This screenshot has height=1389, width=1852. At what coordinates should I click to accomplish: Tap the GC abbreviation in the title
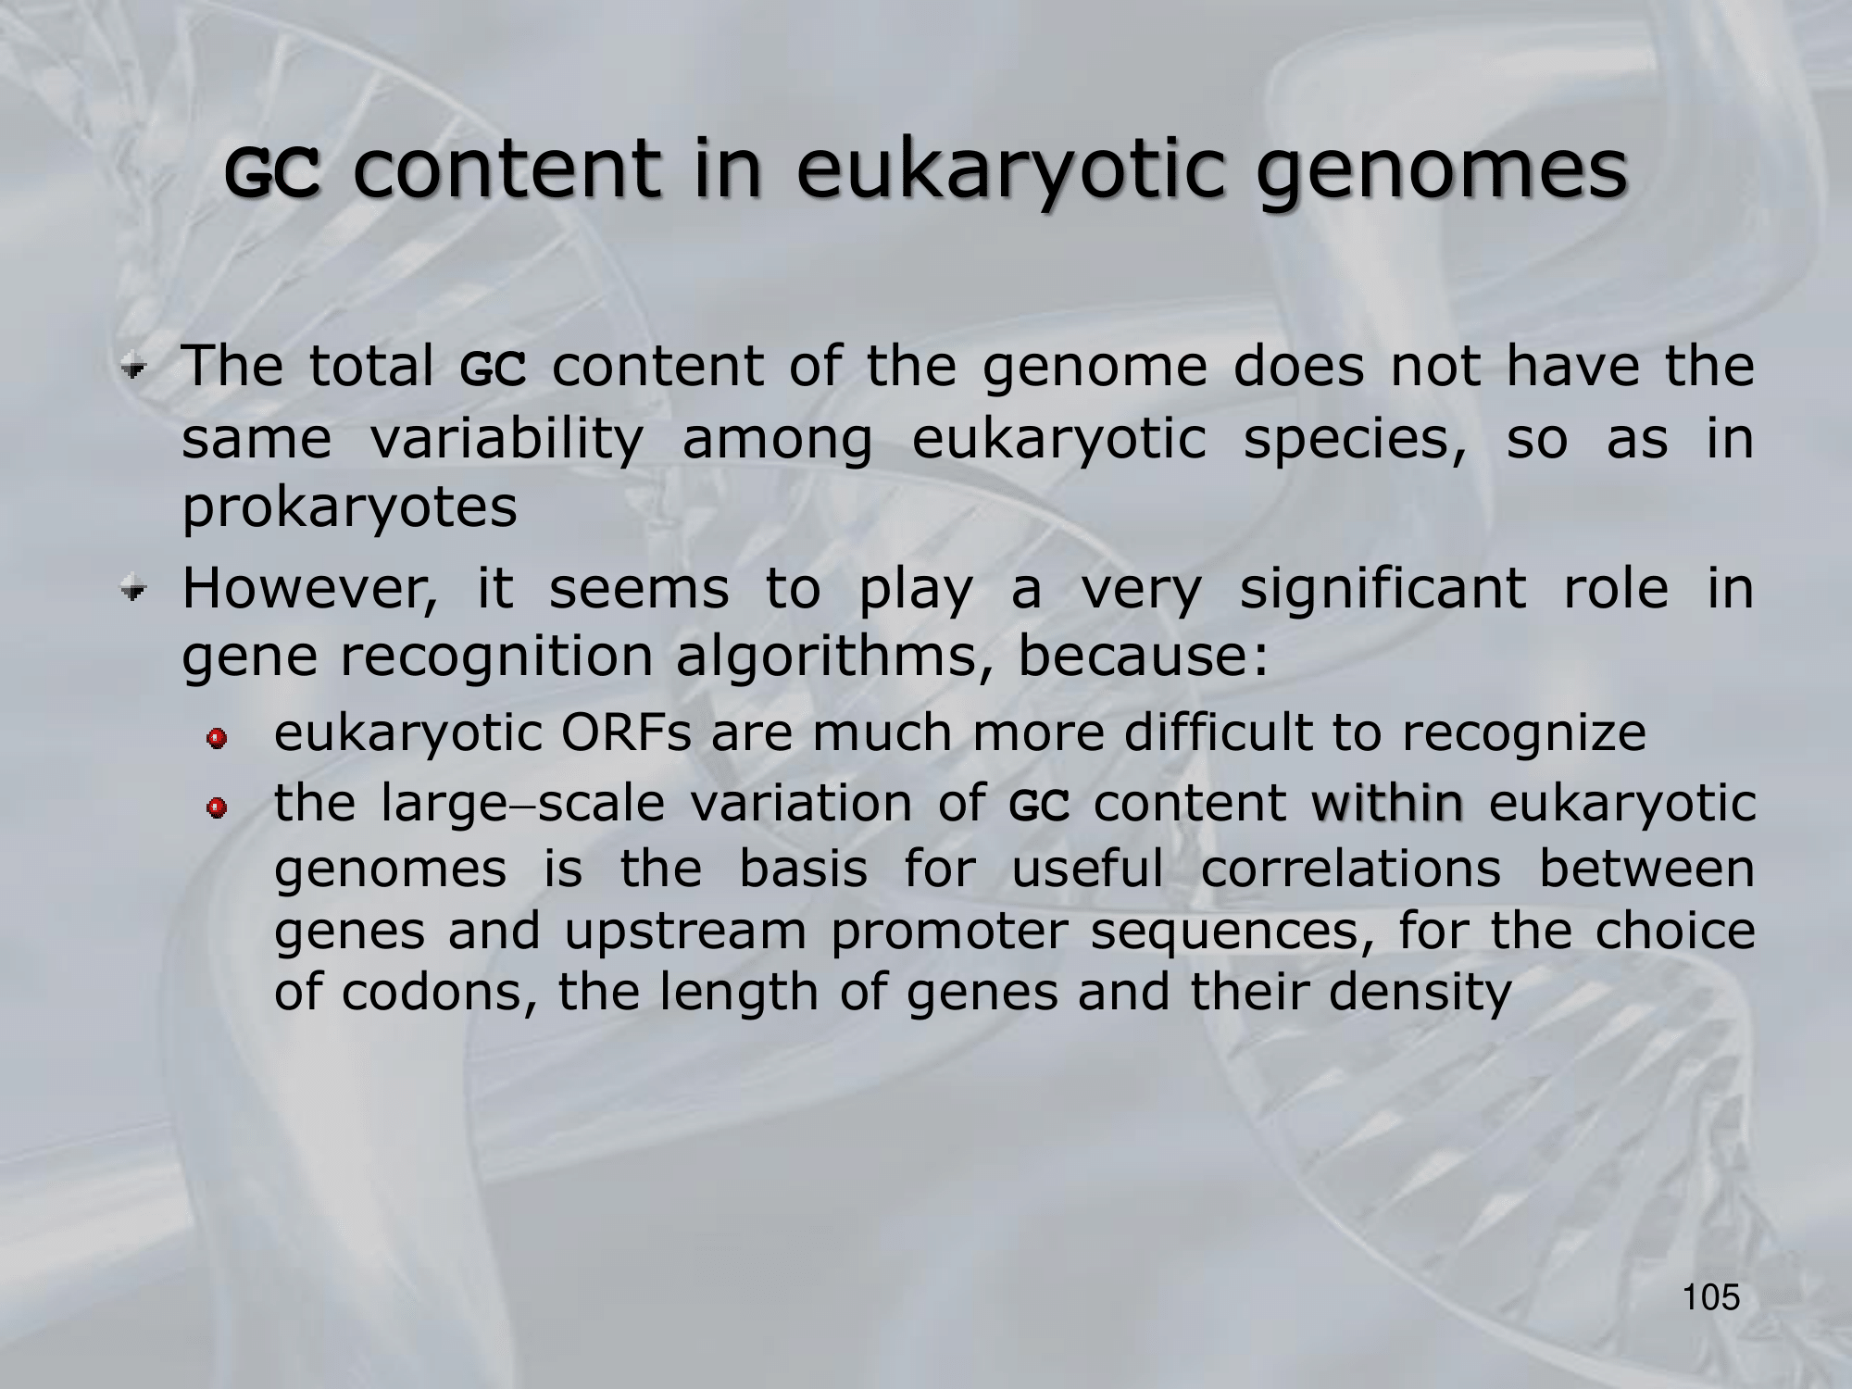274,175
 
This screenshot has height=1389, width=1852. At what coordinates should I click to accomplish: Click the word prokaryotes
349,507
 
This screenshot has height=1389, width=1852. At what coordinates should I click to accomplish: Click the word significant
1383,589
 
